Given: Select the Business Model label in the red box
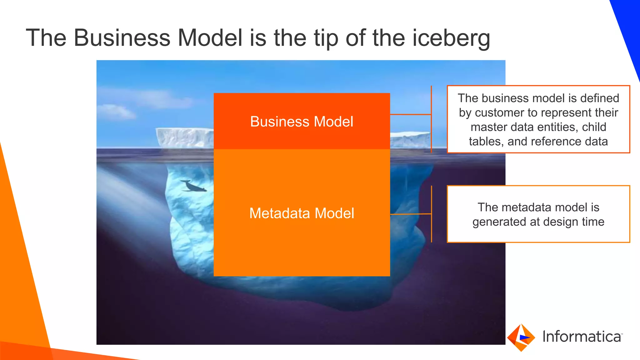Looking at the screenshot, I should pyautogui.click(x=302, y=122).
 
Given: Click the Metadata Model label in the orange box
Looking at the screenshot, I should pyautogui.click(x=302, y=213).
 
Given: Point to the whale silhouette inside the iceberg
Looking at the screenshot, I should pyautogui.click(x=194, y=187).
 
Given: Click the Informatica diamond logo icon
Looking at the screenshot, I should pyautogui.click(x=521, y=337).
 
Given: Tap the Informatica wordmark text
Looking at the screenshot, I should pyautogui.click(x=582, y=337).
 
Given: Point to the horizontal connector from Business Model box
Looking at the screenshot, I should pyautogui.click(x=411, y=115).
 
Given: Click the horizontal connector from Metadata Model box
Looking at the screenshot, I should pyautogui.click(x=411, y=214).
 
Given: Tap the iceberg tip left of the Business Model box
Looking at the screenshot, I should pyautogui.click(x=184, y=137).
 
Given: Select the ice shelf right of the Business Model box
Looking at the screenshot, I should pyautogui.click(x=409, y=140).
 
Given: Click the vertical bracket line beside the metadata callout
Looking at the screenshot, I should pyautogui.click(x=432, y=214).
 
